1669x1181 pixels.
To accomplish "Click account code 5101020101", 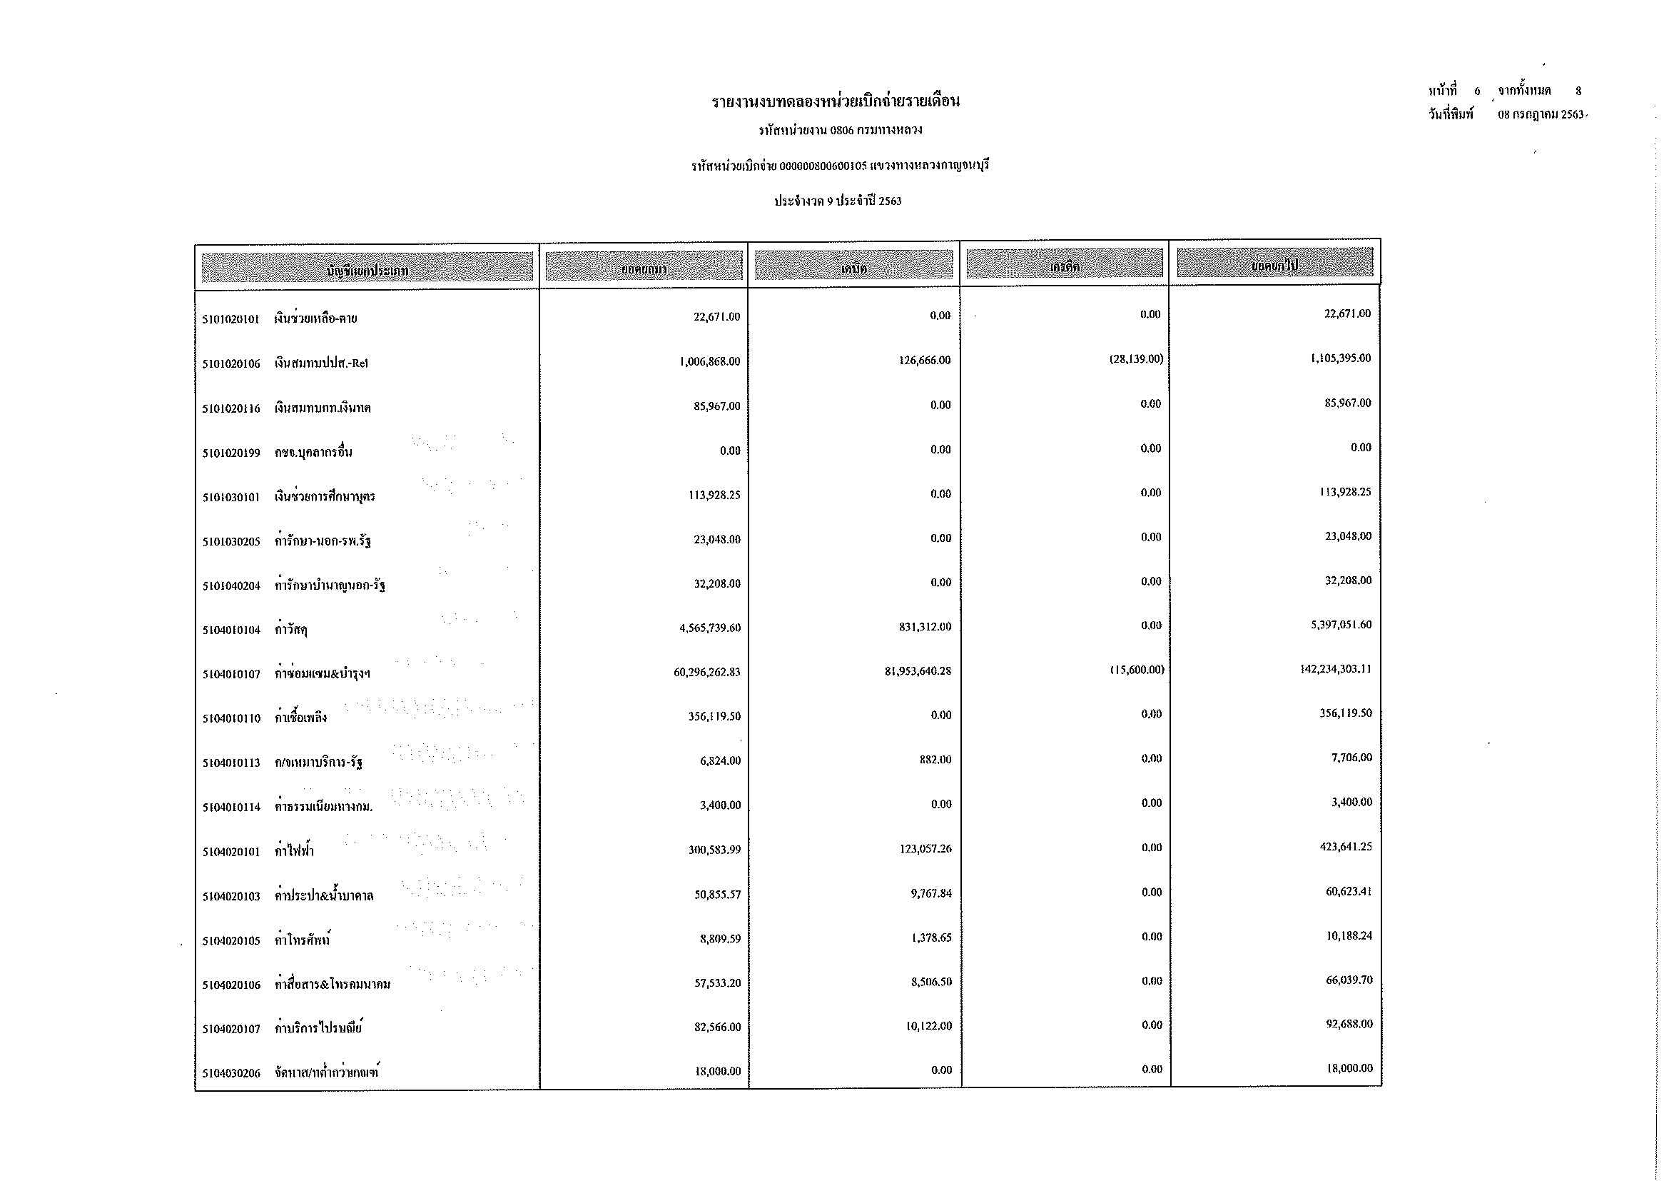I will tap(230, 318).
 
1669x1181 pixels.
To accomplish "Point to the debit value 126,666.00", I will tap(925, 361).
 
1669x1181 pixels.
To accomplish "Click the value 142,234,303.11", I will tap(1336, 669).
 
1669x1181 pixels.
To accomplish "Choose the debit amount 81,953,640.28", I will tap(918, 671).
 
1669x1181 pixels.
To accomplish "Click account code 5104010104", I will tap(230, 630).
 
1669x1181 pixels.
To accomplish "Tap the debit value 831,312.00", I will tap(925, 627).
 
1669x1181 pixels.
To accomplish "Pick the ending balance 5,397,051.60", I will tap(1341, 625).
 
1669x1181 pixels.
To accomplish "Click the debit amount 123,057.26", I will tap(925, 849).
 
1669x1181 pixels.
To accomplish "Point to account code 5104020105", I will tap(230, 941).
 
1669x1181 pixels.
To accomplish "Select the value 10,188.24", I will tap(1349, 936).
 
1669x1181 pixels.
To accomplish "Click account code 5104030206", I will tap(230, 1073).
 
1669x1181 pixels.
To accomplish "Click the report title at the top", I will tap(836, 101).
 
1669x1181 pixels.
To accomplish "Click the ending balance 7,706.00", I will tap(1351, 758).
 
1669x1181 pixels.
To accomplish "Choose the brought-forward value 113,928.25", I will tap(711, 496).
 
